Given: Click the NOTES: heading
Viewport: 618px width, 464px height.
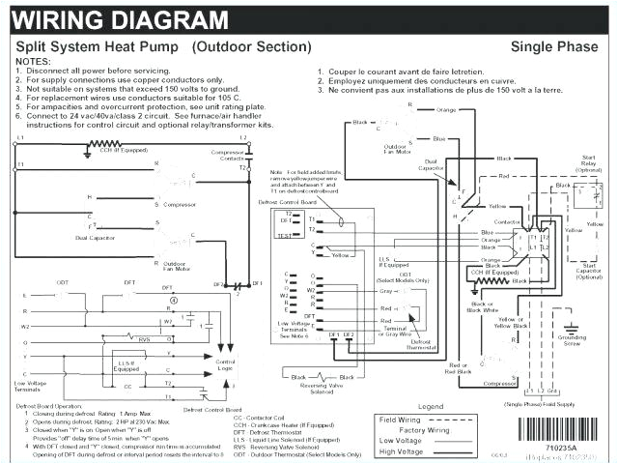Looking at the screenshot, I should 35,61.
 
